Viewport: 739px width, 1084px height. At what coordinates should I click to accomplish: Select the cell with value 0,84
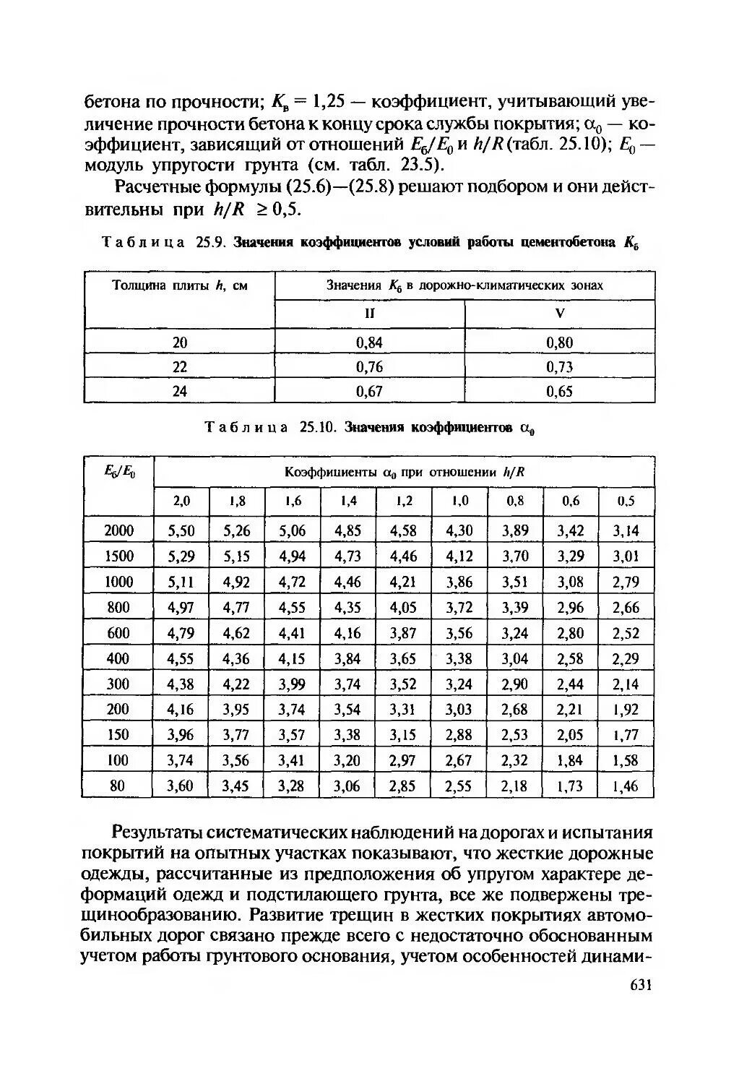point(369,343)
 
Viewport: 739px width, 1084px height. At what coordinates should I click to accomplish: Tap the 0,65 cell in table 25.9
point(560,392)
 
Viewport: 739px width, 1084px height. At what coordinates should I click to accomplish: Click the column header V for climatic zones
point(560,314)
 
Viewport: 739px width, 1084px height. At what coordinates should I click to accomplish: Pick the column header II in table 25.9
point(369,314)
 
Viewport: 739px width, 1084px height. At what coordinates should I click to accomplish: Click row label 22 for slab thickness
point(179,367)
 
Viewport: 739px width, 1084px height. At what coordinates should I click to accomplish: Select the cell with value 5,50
point(181,530)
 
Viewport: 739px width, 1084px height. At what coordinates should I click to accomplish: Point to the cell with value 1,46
point(626,786)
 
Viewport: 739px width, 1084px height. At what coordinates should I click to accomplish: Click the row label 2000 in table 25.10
point(118,530)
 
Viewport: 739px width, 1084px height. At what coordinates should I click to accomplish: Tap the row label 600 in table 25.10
point(118,633)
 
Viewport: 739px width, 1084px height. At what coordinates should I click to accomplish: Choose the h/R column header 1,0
point(459,501)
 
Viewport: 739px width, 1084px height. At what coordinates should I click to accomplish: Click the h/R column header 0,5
point(626,501)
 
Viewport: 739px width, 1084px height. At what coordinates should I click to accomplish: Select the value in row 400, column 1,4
point(347,658)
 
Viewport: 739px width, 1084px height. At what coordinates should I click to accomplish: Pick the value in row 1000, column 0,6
point(570,582)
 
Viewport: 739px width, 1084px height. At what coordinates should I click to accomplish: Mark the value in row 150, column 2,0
point(181,735)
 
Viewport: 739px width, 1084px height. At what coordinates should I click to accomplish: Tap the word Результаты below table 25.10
point(161,833)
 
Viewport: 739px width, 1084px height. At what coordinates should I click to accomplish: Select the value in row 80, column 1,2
point(403,786)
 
